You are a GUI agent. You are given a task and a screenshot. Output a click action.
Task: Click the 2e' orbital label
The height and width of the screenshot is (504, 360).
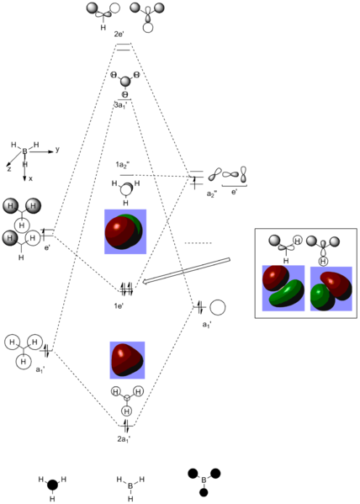click(x=119, y=34)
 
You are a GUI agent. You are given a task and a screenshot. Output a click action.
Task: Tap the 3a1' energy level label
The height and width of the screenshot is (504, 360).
click(x=120, y=105)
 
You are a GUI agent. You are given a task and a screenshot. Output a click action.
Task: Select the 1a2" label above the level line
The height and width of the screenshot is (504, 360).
click(x=123, y=165)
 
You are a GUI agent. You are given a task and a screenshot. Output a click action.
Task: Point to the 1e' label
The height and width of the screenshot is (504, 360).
click(x=119, y=305)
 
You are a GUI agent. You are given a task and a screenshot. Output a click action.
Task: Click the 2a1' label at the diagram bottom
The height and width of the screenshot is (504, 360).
click(x=124, y=439)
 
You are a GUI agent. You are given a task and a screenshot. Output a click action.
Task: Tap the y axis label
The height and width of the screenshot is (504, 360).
click(x=57, y=150)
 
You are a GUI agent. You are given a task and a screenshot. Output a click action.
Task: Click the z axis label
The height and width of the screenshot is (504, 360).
click(x=9, y=168)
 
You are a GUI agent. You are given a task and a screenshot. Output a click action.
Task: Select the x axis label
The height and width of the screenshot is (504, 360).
click(x=30, y=178)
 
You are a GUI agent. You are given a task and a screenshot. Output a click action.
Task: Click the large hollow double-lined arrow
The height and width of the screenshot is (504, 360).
click(x=186, y=271)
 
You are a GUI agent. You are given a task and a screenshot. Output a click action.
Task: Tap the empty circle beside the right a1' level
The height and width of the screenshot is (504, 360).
click(x=218, y=308)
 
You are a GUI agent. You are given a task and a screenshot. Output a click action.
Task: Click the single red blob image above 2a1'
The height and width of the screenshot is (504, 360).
click(x=127, y=360)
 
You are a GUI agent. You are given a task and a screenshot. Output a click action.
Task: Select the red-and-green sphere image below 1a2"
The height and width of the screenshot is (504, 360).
click(x=125, y=231)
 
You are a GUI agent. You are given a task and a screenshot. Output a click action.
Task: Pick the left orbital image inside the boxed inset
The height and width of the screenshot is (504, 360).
click(x=283, y=288)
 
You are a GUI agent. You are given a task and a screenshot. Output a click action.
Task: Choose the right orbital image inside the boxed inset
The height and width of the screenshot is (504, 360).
click(x=331, y=289)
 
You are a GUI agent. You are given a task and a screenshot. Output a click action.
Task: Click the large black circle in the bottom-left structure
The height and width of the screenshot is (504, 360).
click(x=52, y=485)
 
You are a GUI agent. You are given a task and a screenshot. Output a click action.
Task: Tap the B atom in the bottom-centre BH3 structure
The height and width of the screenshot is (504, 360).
click(x=130, y=486)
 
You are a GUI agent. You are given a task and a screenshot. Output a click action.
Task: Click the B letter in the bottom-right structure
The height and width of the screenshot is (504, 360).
click(x=204, y=480)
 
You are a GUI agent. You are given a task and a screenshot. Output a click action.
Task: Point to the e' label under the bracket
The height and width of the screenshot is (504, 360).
click(x=235, y=192)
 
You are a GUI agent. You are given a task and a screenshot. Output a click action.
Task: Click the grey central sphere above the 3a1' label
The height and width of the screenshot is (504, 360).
click(x=125, y=82)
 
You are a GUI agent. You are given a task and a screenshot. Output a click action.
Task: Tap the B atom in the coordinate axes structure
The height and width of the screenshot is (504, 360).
click(x=24, y=151)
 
